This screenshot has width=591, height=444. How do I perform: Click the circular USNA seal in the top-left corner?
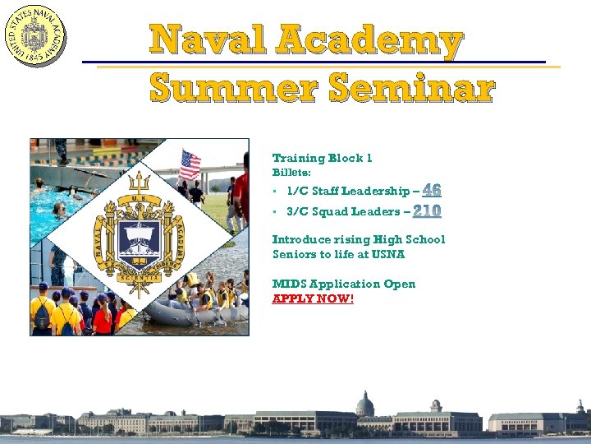pos(34,35)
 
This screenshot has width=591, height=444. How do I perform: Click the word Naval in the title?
pos(208,41)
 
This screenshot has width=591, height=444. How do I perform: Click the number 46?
pos(432,190)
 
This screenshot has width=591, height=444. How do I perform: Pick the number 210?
pos(427,211)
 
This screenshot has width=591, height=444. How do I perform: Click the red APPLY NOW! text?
pos(313,298)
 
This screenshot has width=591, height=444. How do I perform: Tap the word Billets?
pos(291,173)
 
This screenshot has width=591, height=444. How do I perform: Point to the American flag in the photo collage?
pos(190,165)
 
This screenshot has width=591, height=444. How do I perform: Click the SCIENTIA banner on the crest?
pos(138,278)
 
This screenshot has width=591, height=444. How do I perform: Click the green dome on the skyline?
pos(364,404)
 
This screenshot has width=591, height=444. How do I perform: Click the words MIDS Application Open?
pos(344,284)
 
